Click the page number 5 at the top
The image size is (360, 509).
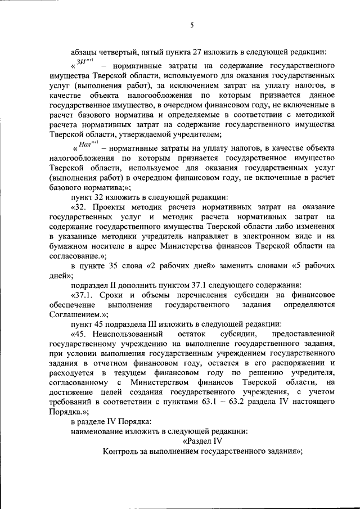192,25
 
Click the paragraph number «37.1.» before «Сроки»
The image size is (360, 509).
85,294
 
